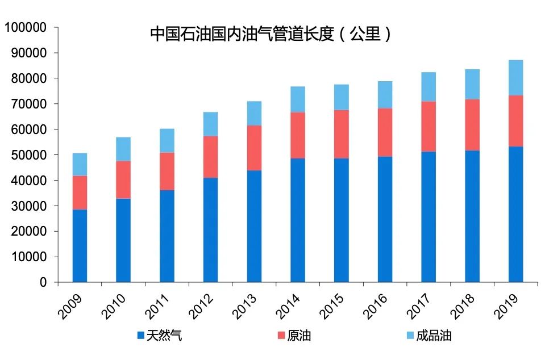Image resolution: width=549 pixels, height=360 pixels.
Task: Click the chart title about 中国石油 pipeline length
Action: [x=271, y=34]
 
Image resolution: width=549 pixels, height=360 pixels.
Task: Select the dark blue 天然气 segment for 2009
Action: [x=80, y=245]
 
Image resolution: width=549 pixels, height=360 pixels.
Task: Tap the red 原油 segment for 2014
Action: [x=298, y=135]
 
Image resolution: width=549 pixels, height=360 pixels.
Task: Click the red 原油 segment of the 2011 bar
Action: [x=167, y=171]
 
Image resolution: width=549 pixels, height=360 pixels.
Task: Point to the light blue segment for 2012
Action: [x=211, y=124]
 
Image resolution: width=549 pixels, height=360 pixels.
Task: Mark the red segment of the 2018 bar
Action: [x=472, y=124]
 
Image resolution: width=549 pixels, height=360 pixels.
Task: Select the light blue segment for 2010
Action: [x=123, y=149]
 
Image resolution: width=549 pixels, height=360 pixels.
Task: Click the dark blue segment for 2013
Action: [x=254, y=226]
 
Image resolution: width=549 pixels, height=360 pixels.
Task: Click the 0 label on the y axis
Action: [x=44, y=282]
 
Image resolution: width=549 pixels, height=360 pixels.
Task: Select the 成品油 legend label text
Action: [x=434, y=336]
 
